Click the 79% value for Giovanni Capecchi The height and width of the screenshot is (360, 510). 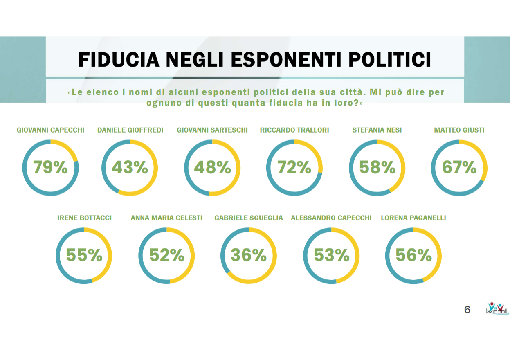pyautogui.click(x=50, y=167)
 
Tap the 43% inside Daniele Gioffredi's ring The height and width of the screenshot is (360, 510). pyautogui.click(x=130, y=167)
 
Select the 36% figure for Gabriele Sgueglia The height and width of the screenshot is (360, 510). pyautogui.click(x=249, y=256)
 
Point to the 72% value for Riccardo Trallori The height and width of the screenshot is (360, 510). pyautogui.click(x=294, y=167)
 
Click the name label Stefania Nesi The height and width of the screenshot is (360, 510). pyautogui.click(x=377, y=130)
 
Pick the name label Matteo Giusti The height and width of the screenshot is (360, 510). pyautogui.click(x=459, y=130)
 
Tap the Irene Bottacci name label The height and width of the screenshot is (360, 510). pyautogui.click(x=84, y=218)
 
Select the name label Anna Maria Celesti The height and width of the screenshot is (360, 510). pyautogui.click(x=166, y=218)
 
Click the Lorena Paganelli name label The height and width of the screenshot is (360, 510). pyautogui.click(x=413, y=218)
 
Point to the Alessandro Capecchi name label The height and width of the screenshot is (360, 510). pyautogui.click(x=331, y=218)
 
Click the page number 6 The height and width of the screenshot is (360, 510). pyautogui.click(x=467, y=310)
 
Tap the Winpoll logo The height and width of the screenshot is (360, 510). pyautogui.click(x=497, y=309)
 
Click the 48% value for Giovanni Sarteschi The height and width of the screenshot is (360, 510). pyautogui.click(x=212, y=167)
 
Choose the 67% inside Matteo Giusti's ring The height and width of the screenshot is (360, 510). pyautogui.click(x=459, y=167)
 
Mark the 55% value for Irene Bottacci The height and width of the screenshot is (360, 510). pyautogui.click(x=84, y=256)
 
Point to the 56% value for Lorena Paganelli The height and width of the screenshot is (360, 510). pyautogui.click(x=413, y=256)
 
